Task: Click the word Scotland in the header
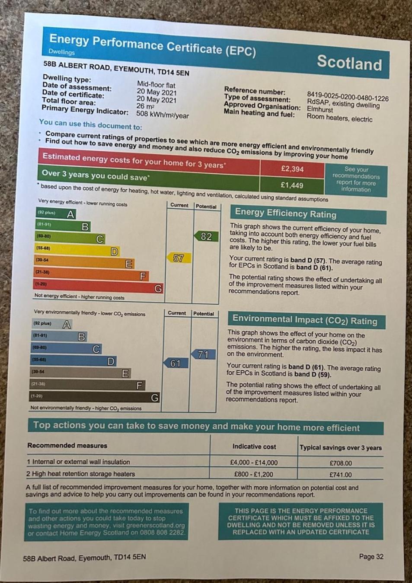pyautogui.click(x=349, y=63)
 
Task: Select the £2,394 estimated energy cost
pyautogui.click(x=292, y=169)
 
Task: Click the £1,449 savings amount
pyautogui.click(x=292, y=185)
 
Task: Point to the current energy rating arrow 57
pyautogui.click(x=178, y=258)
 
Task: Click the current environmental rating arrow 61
pyautogui.click(x=175, y=363)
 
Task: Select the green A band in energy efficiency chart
pyautogui.click(x=56, y=213)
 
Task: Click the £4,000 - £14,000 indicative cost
pyautogui.click(x=254, y=462)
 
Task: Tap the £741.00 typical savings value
pyautogui.click(x=341, y=475)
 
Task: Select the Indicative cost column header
pyautogui.click(x=254, y=446)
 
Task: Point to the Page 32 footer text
pyautogui.click(x=371, y=557)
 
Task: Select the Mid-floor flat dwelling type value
pyautogui.click(x=156, y=85)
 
